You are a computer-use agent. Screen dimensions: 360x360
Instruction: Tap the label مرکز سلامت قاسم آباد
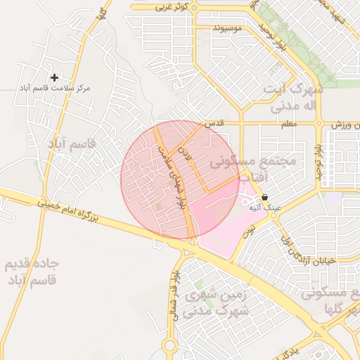click(x=54, y=90)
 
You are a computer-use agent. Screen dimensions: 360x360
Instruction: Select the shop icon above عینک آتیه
click(x=264, y=198)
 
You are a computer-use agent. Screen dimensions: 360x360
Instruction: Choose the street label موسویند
click(x=227, y=28)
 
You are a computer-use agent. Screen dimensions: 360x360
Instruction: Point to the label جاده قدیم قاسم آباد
click(x=34, y=272)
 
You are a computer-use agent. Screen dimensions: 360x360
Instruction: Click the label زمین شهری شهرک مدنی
click(x=215, y=304)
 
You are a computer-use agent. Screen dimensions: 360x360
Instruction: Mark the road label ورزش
click(x=345, y=124)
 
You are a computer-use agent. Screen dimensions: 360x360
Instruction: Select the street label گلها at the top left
click(x=103, y=13)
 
